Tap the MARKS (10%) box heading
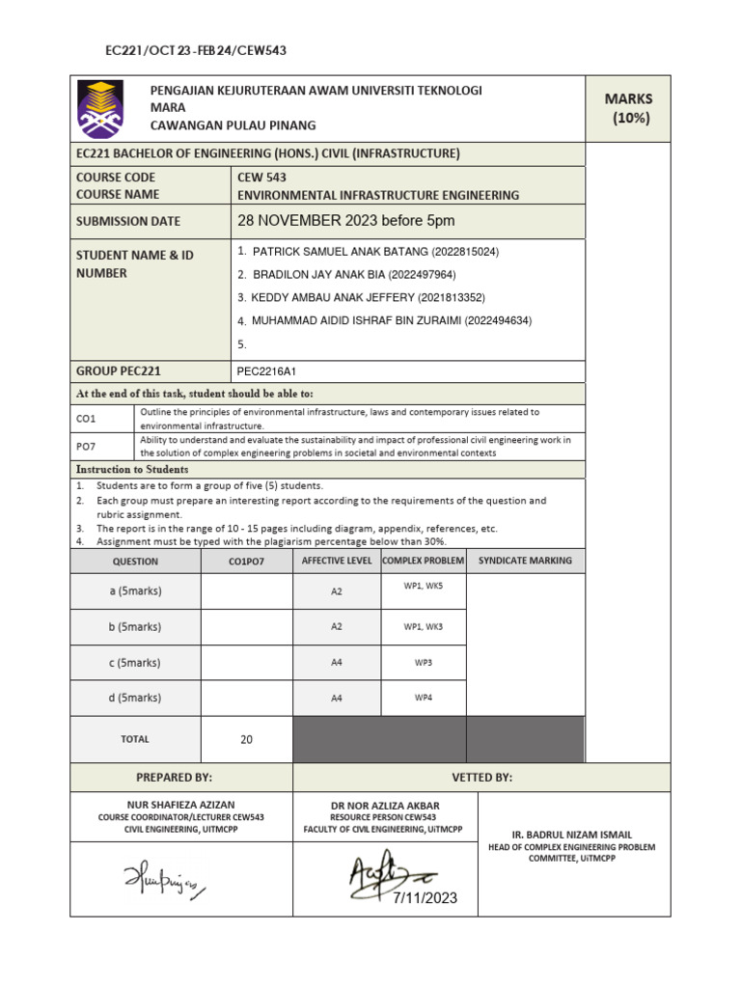click(x=628, y=108)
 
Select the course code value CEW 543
click(x=261, y=178)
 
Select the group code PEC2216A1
click(x=267, y=370)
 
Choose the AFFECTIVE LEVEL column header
click(x=337, y=561)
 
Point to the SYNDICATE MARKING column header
click(x=525, y=561)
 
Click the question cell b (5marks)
click(x=135, y=627)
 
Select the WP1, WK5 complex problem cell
click(x=423, y=585)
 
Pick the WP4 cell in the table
click(x=423, y=698)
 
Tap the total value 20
click(x=246, y=740)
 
